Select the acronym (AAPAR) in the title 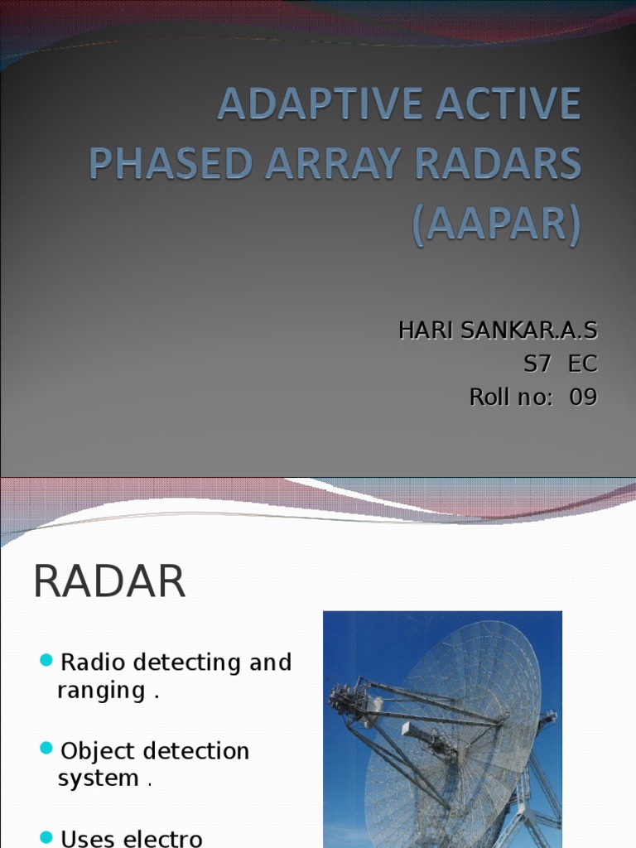click(497, 224)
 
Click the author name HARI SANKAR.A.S click(497, 330)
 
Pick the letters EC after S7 click(582, 364)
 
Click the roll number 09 click(582, 397)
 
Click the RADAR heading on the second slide click(108, 581)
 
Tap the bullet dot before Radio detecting click(46, 660)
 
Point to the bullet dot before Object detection click(46, 749)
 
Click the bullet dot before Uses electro click(46, 836)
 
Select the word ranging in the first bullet click(101, 691)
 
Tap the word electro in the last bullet click(161, 838)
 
